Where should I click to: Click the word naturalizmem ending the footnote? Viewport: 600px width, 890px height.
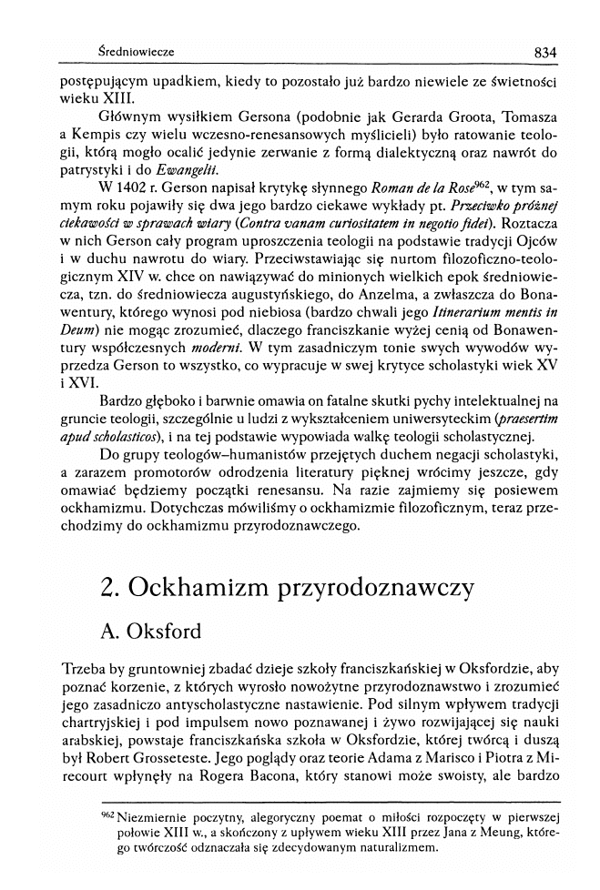[375, 850]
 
